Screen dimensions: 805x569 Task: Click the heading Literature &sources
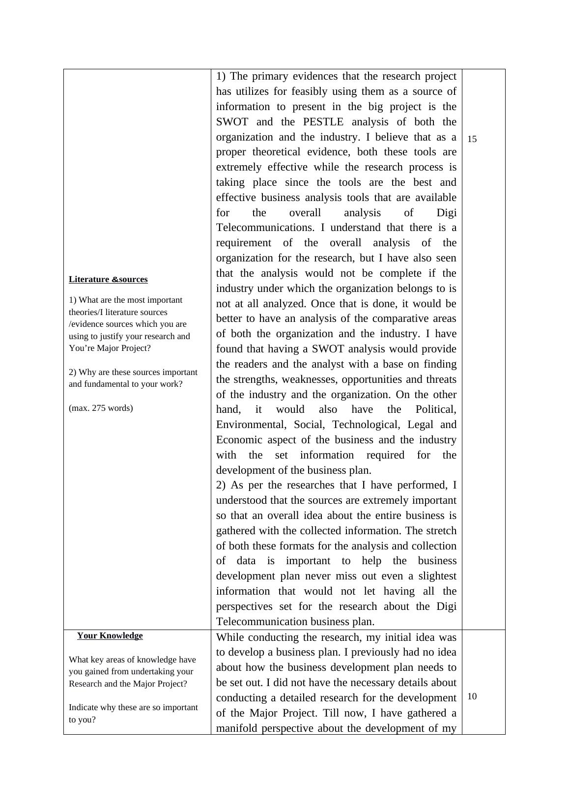coord(108,279)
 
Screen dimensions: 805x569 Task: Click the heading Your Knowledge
coord(110,635)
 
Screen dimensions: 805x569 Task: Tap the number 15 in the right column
coord(472,139)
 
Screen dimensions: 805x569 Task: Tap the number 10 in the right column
coord(472,696)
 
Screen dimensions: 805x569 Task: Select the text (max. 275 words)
coord(101,408)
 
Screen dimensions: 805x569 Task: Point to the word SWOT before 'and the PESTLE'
coord(232,122)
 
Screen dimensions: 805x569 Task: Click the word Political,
coord(435,409)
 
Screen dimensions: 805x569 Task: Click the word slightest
coord(435,576)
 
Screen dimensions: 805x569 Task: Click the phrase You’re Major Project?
coord(110,348)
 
